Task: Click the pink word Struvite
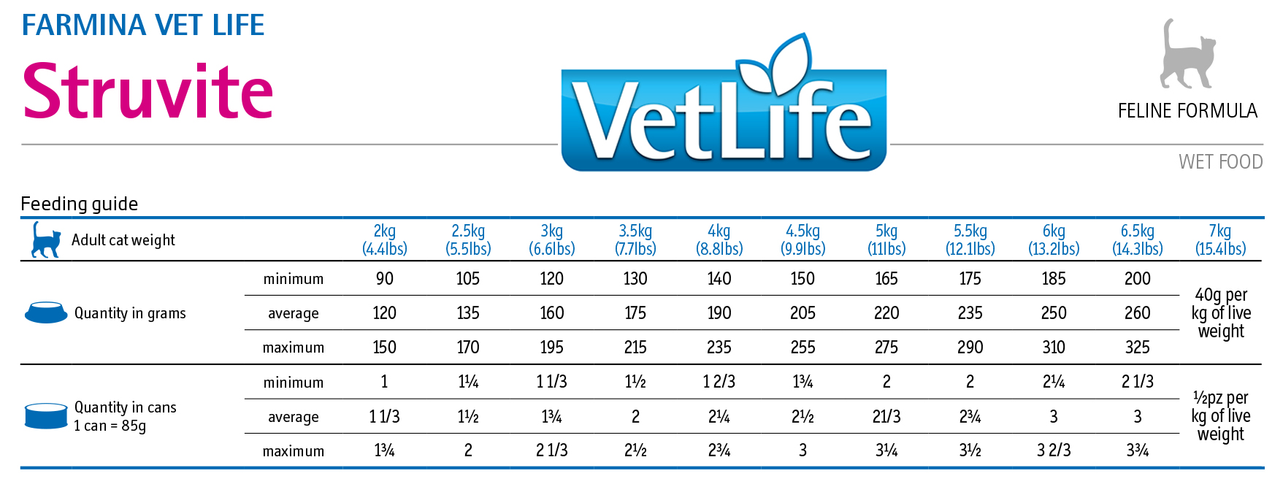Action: coord(148,92)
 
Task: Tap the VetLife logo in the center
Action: coord(723,110)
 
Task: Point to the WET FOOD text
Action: coord(1220,161)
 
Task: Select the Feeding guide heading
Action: coord(80,204)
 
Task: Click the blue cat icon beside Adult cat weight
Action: coord(46,239)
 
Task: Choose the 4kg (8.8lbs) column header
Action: coord(719,239)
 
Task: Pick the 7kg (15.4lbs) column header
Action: coord(1220,239)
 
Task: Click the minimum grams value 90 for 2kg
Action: coord(384,279)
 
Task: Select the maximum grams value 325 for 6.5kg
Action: coord(1137,348)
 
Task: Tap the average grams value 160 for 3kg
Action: coord(551,313)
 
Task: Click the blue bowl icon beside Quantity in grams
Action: coord(46,312)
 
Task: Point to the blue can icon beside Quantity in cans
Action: coord(46,415)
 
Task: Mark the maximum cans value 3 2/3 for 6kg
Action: coord(1054,450)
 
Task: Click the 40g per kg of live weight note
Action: coord(1221,313)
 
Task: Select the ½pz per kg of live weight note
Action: coord(1221,416)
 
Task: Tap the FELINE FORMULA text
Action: coord(1187,111)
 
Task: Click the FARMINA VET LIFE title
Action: coord(143,26)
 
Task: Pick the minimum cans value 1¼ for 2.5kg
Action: coord(468,382)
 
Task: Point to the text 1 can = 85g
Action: coord(110,426)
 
